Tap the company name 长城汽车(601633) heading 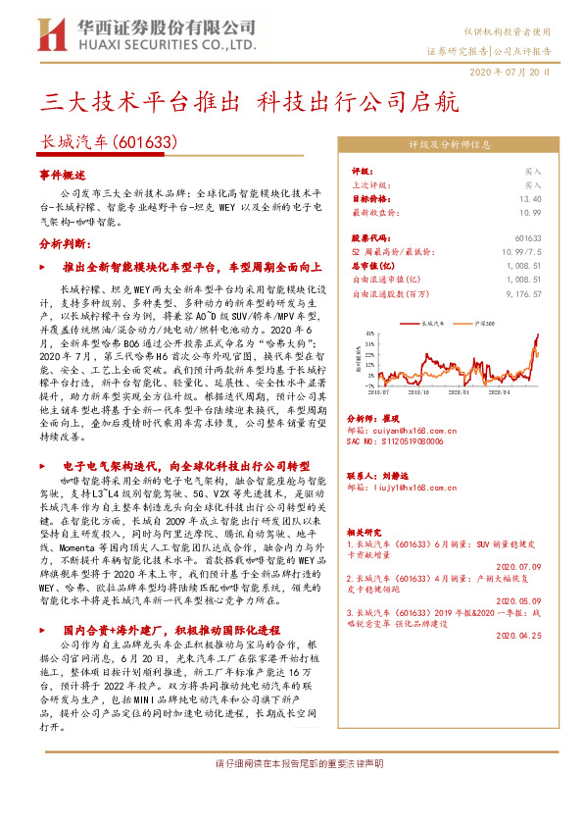coord(108,143)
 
